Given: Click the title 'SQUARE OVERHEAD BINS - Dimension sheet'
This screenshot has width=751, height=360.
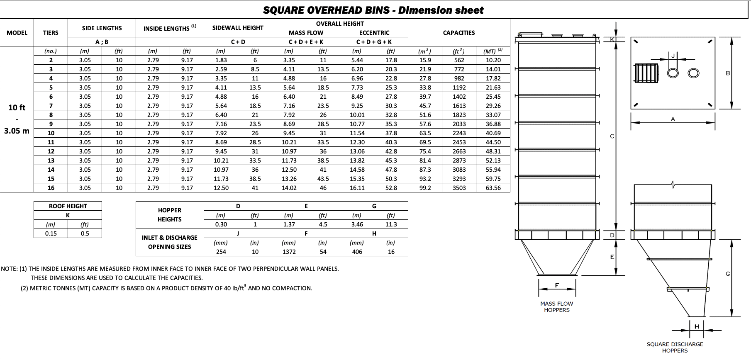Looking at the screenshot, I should pyautogui.click(x=373, y=10).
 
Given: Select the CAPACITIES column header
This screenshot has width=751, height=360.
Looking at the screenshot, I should pyautogui.click(x=458, y=33).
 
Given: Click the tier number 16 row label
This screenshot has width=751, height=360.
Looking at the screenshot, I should pyautogui.click(x=51, y=188).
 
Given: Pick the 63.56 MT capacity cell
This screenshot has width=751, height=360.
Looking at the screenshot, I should pyautogui.click(x=493, y=188).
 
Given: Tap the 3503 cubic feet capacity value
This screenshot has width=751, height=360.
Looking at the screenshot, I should pyautogui.click(x=459, y=188).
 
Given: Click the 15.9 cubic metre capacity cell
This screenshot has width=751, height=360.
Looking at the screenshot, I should pyautogui.click(x=425, y=60).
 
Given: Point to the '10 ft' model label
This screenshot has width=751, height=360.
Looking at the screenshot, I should pyautogui.click(x=17, y=107).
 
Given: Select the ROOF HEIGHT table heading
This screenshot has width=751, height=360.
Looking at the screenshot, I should pyautogui.click(x=68, y=206).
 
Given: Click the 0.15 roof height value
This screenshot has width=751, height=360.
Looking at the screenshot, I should pyautogui.click(x=51, y=234).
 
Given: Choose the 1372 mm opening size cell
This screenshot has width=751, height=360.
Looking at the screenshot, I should pyautogui.click(x=289, y=252).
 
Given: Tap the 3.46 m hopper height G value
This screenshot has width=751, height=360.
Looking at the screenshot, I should pyautogui.click(x=357, y=224).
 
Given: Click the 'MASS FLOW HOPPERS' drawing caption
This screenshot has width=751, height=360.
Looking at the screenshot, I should pyautogui.click(x=556, y=307).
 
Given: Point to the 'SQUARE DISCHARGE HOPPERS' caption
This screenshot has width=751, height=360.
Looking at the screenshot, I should pyautogui.click(x=675, y=347).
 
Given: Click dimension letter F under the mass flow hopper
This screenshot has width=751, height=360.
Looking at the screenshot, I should pyautogui.click(x=557, y=285).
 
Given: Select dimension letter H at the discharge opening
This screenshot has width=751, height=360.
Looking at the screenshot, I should pyautogui.click(x=697, y=326).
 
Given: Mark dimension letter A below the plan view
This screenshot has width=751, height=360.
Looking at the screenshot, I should pyautogui.click(x=673, y=119).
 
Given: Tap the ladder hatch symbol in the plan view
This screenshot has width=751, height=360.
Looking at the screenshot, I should pyautogui.click(x=646, y=73).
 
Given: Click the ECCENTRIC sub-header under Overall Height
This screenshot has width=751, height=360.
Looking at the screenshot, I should pyautogui.click(x=374, y=33).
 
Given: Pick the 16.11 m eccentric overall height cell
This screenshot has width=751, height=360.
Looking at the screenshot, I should pyautogui.click(x=357, y=188).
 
